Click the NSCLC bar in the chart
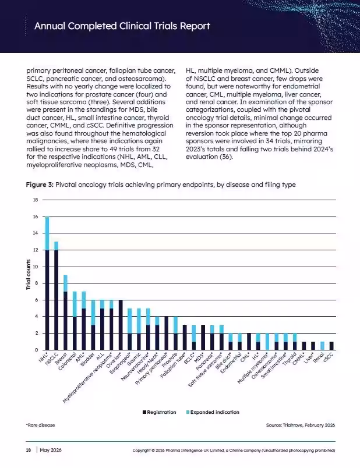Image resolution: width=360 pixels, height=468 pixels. [x=56, y=296]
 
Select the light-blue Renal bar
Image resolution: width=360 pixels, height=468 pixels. [x=322, y=346]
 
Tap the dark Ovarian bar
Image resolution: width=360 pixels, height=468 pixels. [x=121, y=325]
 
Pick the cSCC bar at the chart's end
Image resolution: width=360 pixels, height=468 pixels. [x=331, y=346]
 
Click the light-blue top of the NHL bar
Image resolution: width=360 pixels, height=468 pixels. [x=47, y=233]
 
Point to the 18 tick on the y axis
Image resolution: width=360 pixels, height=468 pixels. [x=36, y=200]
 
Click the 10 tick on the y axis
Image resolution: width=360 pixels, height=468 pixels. [x=36, y=267]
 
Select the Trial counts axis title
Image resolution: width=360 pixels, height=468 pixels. [x=29, y=274]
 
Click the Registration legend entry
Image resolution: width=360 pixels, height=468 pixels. [x=159, y=412]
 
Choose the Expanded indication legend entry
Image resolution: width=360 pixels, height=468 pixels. [x=213, y=412]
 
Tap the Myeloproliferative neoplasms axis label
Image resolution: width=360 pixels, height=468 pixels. [x=87, y=378]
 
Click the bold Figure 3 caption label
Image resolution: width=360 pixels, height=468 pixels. [x=40, y=185]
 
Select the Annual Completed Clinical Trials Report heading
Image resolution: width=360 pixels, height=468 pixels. [x=122, y=26]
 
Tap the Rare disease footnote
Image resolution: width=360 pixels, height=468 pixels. [x=40, y=425]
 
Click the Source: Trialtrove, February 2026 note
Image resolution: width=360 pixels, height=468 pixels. [x=301, y=425]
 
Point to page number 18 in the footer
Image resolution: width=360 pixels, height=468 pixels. [x=29, y=450]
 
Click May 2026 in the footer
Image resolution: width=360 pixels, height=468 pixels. [x=51, y=450]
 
